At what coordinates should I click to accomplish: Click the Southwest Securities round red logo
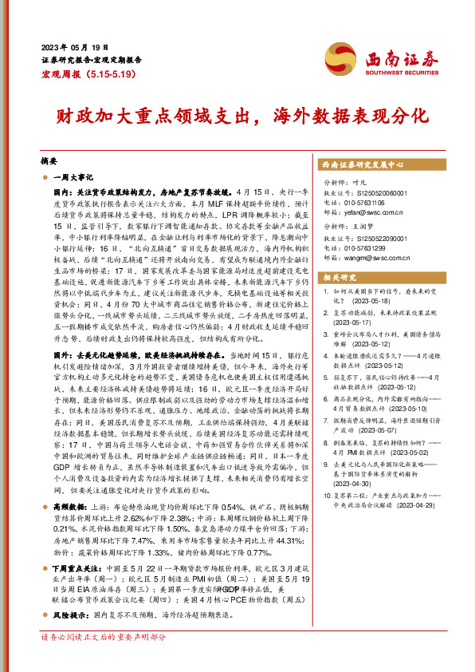point(345,58)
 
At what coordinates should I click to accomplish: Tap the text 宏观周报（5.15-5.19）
point(89,73)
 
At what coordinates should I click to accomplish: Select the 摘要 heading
point(49,159)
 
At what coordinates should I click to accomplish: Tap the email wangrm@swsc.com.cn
point(379,257)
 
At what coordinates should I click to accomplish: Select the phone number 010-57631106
point(371,202)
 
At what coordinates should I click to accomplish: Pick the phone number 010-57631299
point(371,248)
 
